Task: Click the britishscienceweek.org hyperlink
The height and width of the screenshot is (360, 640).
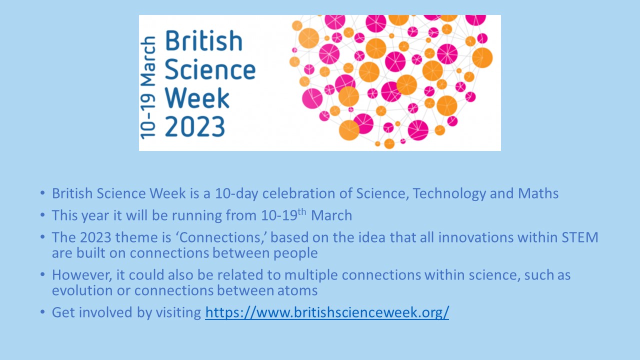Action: [x=327, y=312]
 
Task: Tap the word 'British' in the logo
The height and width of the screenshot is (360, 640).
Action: [x=204, y=41]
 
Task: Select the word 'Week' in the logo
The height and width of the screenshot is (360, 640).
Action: [x=197, y=98]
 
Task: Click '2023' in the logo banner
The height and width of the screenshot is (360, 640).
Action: [x=195, y=126]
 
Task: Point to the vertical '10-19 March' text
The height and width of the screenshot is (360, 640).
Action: [x=148, y=88]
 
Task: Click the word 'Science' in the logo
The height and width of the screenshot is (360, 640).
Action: [x=210, y=69]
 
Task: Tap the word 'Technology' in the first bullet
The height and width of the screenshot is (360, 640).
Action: [x=449, y=193]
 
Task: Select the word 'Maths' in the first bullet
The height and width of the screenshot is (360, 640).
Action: [x=538, y=193]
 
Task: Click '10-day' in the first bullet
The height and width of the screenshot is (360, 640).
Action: [x=236, y=193]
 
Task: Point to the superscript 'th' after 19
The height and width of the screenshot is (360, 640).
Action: [x=302, y=211]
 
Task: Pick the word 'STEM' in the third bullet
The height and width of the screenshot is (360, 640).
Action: [x=580, y=237]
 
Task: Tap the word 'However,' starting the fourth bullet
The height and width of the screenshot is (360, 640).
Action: [x=82, y=275]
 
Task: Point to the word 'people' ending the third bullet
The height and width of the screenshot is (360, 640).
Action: [x=295, y=253]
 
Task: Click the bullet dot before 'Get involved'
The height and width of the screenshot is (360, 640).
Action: [x=42, y=312]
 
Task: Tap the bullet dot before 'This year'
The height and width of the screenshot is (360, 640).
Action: [x=42, y=215]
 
